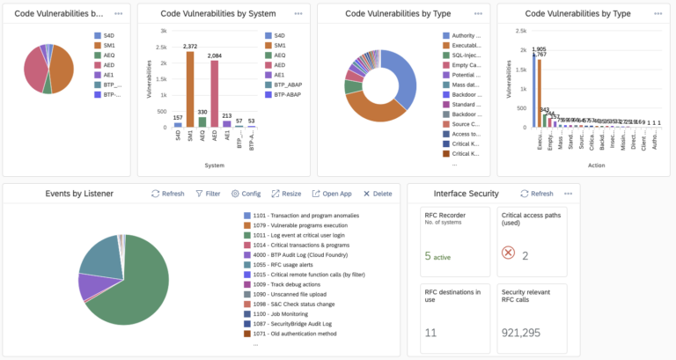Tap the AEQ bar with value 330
[x=202, y=122]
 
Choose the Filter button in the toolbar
[x=208, y=194]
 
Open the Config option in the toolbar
[x=246, y=194]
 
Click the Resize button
[x=286, y=194]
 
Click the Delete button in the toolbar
[x=377, y=194]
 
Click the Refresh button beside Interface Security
[x=536, y=194]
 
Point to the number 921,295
[x=525, y=333]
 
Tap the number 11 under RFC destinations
[x=430, y=333]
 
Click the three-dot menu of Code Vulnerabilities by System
[x=298, y=14]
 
